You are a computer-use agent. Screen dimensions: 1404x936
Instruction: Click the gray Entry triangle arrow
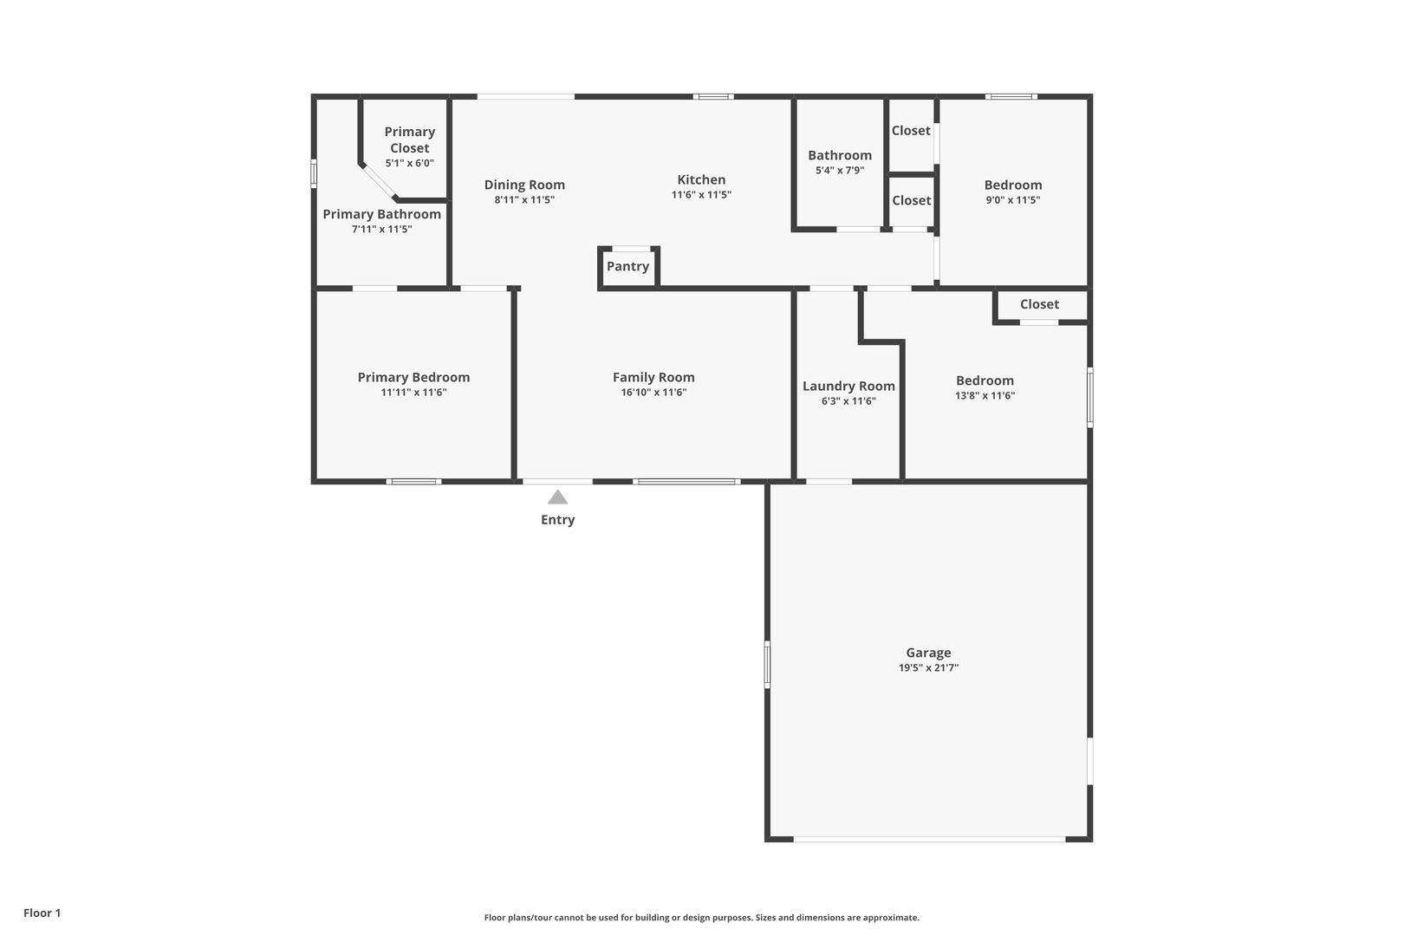[557, 497]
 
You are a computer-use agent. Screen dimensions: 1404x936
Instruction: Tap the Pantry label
[627, 266]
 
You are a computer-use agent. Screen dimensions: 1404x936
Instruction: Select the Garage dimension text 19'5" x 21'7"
[928, 667]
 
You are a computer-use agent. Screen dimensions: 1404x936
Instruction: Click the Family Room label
[653, 377]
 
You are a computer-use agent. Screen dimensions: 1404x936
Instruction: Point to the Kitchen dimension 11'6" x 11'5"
[701, 194]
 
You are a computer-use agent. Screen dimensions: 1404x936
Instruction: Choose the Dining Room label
[524, 185]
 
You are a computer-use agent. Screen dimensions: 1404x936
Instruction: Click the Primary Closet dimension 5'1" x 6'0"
[409, 163]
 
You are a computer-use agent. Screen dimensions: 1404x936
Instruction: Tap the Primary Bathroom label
[381, 214]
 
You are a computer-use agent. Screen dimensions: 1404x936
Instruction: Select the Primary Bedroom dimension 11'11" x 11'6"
[413, 393]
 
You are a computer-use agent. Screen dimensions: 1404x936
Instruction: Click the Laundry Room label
[848, 387]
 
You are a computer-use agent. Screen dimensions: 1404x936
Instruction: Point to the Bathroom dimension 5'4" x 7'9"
[839, 170]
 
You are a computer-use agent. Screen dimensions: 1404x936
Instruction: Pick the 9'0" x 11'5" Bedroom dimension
[1013, 200]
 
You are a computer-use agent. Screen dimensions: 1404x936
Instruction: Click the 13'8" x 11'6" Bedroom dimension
[985, 395]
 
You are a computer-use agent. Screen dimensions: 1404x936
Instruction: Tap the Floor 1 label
[42, 913]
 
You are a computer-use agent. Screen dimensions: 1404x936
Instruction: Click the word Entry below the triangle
[557, 520]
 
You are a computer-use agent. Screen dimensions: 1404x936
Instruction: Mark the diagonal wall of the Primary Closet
[377, 182]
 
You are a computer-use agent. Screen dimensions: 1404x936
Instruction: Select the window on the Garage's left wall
[766, 664]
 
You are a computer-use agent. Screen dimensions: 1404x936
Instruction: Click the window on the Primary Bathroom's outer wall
[314, 173]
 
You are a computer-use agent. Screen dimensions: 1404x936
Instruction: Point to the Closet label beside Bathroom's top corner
[911, 130]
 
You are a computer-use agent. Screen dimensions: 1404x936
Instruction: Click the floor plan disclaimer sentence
[701, 917]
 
